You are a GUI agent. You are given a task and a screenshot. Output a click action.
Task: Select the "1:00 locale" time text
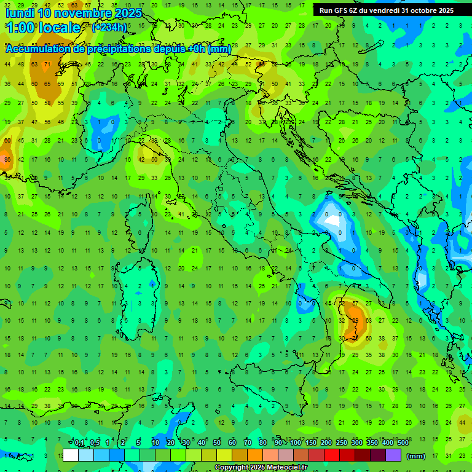point(43,28)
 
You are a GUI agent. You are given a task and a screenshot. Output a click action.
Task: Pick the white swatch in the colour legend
point(71,455)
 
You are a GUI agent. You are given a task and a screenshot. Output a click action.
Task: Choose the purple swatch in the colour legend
point(393,455)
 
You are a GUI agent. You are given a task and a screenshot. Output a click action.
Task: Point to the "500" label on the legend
point(403,443)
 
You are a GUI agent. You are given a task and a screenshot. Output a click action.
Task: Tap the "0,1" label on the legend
point(79,443)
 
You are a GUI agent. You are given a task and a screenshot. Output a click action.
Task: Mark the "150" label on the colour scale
point(311,443)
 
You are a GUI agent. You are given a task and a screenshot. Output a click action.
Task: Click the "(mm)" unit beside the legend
point(416,456)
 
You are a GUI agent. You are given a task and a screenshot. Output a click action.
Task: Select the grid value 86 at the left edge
point(7,160)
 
